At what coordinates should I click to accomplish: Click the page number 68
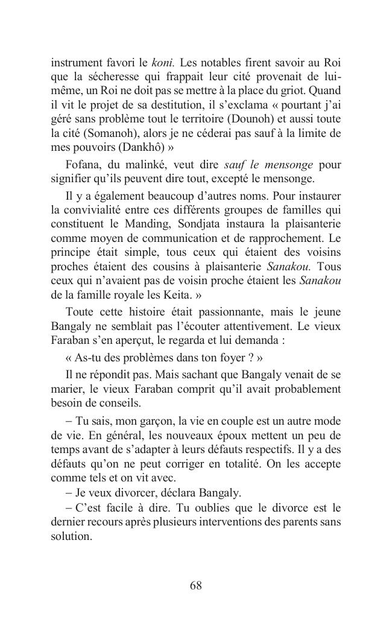tap(195, 585)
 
